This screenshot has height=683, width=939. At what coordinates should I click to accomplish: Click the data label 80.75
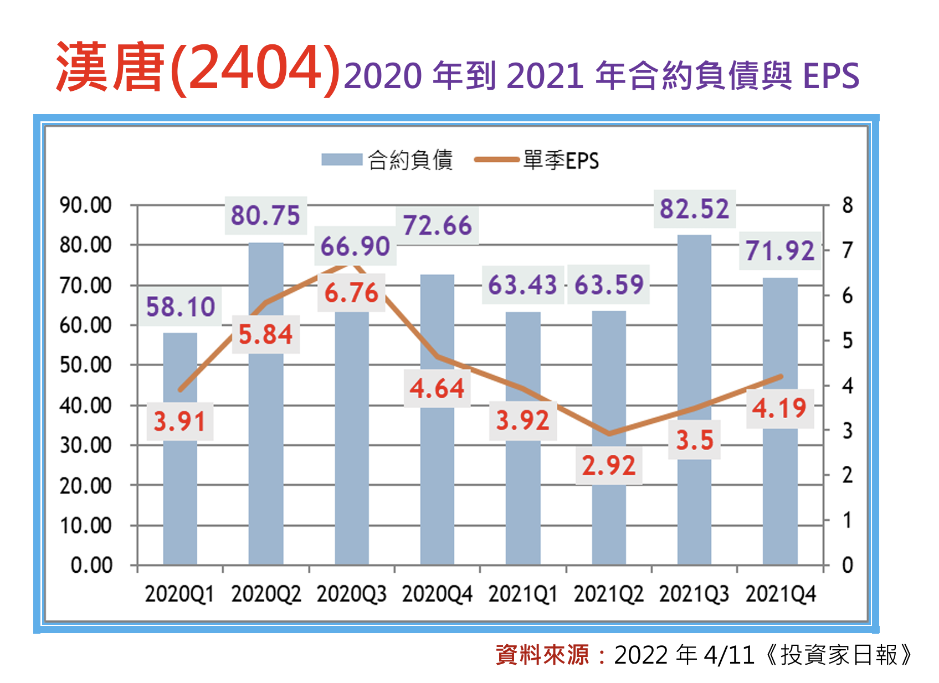click(265, 215)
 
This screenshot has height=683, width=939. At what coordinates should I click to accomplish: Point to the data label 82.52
click(694, 209)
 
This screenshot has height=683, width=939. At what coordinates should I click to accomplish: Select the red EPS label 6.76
click(351, 292)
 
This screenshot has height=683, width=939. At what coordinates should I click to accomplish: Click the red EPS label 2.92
click(608, 465)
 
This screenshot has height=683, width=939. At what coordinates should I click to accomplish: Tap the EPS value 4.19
click(779, 409)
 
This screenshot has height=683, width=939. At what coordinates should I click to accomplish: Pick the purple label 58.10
click(180, 306)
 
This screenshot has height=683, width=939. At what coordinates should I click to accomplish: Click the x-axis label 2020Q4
click(437, 594)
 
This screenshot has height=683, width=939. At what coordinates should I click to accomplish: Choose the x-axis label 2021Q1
click(522, 594)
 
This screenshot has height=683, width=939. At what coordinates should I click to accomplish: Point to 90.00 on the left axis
click(86, 206)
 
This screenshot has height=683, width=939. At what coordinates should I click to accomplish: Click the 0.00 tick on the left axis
click(91, 566)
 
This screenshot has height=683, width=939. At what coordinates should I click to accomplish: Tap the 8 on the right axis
click(847, 206)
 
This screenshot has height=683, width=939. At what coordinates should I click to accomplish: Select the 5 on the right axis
click(847, 341)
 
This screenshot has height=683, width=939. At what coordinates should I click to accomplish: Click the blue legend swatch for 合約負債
click(341, 160)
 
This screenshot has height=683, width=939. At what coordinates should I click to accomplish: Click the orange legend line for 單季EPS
click(496, 160)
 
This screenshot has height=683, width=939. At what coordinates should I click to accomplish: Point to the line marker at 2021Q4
click(781, 377)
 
